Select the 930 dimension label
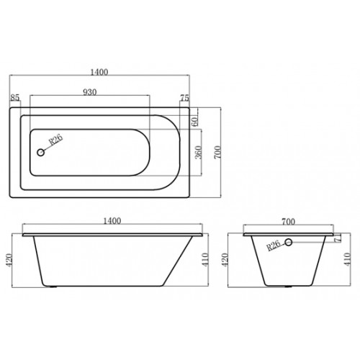pos(90,93)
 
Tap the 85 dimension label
pos(14,98)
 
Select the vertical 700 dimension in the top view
pos(213,151)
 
